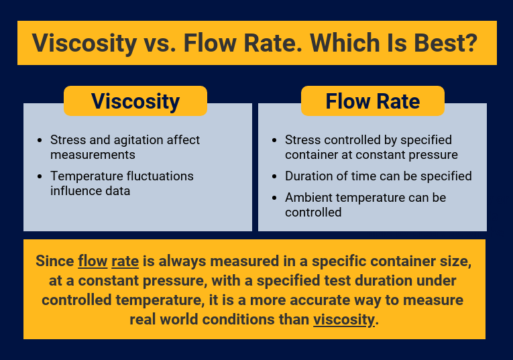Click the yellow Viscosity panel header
tap(135, 101)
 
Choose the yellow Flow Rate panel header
tap(372, 101)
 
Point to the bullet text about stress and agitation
tap(125, 147)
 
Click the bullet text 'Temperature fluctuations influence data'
tap(121, 183)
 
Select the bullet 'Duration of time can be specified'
tap(378, 176)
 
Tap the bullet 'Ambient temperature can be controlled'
tap(365, 204)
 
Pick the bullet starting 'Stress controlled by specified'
tap(371, 147)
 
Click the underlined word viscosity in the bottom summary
tap(344, 319)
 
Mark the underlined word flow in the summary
tap(92, 261)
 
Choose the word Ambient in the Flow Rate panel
tap(308, 198)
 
